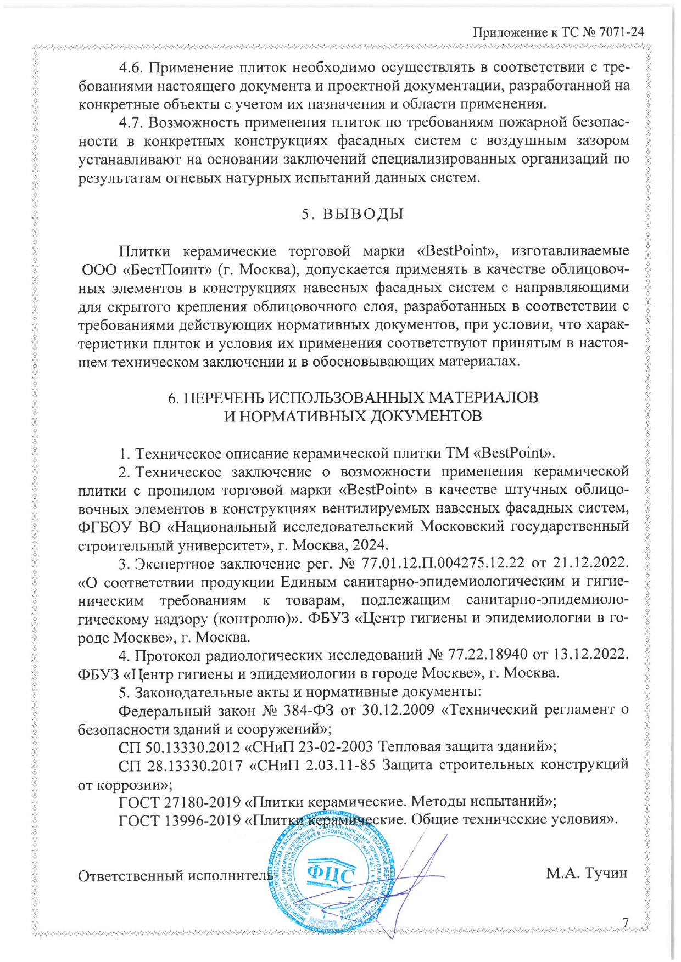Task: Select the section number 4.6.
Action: pos(131,68)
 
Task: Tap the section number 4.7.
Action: pos(131,122)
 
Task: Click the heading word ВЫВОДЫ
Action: pos(362,214)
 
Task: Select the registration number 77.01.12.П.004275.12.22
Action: pos(442,563)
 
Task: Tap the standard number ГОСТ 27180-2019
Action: pos(180,802)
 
